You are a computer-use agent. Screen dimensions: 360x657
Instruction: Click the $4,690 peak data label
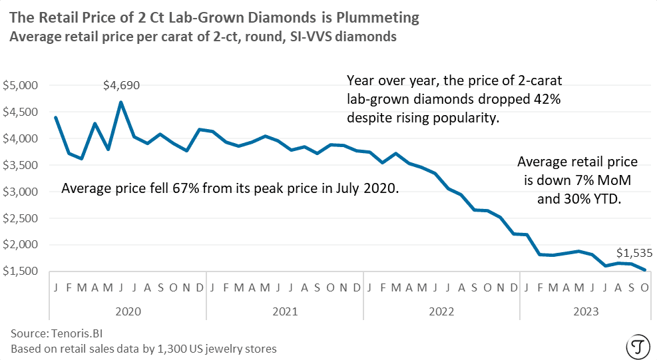tap(121, 85)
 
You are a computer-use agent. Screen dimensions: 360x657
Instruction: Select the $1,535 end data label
tap(634, 253)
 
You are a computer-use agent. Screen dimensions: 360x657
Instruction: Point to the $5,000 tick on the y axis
tap(22, 86)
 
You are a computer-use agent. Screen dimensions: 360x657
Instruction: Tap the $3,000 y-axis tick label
tap(22, 192)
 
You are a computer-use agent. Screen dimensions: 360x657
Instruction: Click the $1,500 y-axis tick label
tap(22, 271)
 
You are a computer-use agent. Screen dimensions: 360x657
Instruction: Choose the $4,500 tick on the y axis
tap(22, 112)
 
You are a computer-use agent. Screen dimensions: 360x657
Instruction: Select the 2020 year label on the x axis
tap(128, 311)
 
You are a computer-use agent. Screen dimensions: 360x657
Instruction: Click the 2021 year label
tap(284, 311)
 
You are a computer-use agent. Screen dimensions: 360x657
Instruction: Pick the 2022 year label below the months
tap(441, 311)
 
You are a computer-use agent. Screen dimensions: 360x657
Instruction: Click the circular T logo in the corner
tap(638, 346)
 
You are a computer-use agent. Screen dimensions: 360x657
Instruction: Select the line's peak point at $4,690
tap(121, 102)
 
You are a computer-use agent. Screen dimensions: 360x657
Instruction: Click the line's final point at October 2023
tap(644, 270)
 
